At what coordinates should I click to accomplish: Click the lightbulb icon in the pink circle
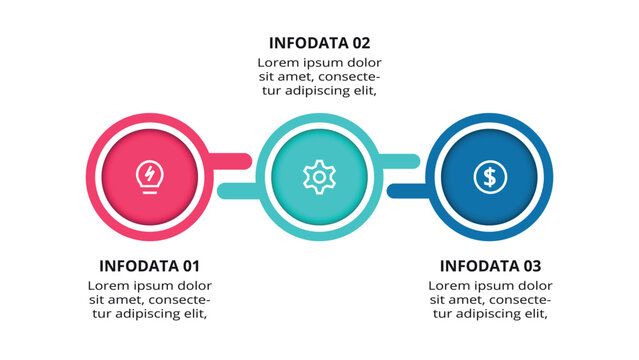tap(150, 177)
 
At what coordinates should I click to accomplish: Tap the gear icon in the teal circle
tap(319, 177)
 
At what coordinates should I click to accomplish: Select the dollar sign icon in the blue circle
tap(489, 177)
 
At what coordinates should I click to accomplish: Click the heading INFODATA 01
tap(150, 266)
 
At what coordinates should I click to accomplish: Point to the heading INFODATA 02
tap(319, 43)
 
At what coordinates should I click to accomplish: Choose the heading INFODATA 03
tap(490, 266)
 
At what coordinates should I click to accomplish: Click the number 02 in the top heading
tap(360, 43)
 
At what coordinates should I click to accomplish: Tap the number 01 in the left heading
tap(190, 266)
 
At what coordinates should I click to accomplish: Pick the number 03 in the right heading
tap(531, 266)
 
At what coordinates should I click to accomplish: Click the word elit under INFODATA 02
tap(361, 90)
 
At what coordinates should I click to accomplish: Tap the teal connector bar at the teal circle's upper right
tap(400, 159)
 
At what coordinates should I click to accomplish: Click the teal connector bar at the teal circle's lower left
tap(238, 190)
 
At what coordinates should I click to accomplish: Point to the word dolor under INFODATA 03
tap(531, 285)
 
